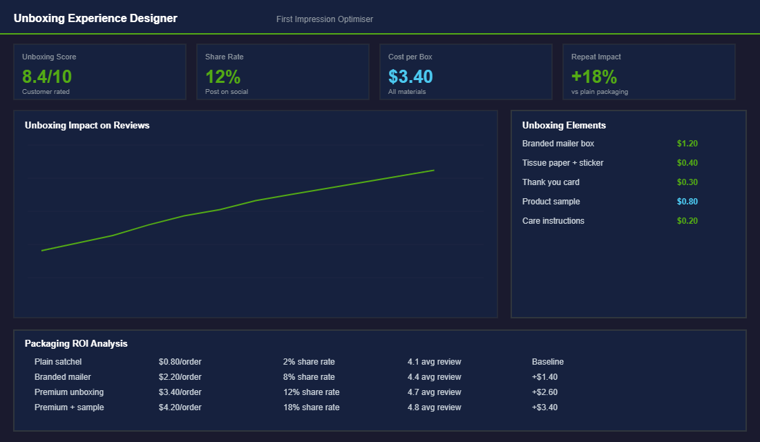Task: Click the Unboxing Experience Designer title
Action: (95, 19)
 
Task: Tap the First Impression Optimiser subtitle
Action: (325, 19)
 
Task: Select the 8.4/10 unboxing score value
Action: (47, 76)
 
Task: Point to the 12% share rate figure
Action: (222, 76)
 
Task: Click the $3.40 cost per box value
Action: (410, 76)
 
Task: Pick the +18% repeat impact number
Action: (594, 76)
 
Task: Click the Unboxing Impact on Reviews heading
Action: (87, 126)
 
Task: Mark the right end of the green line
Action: (433, 170)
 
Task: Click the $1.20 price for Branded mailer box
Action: (687, 144)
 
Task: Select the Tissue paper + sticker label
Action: (562, 163)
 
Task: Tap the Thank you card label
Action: (551, 182)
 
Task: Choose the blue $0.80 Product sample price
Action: (687, 202)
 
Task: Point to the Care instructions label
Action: (553, 221)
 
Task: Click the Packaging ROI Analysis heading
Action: (76, 344)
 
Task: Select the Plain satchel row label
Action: (58, 362)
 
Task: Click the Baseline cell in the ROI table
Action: (548, 362)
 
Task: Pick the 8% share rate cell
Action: (309, 377)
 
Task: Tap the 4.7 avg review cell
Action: (434, 392)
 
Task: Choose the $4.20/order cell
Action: (180, 407)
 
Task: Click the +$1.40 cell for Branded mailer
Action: (544, 377)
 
